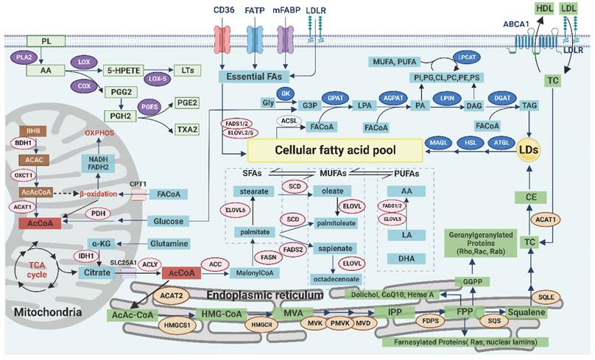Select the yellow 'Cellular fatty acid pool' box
coord(334,150)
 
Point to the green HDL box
coord(545,9)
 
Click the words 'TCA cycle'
coord(37,271)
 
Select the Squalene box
coord(525,313)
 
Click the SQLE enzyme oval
coord(563,297)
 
